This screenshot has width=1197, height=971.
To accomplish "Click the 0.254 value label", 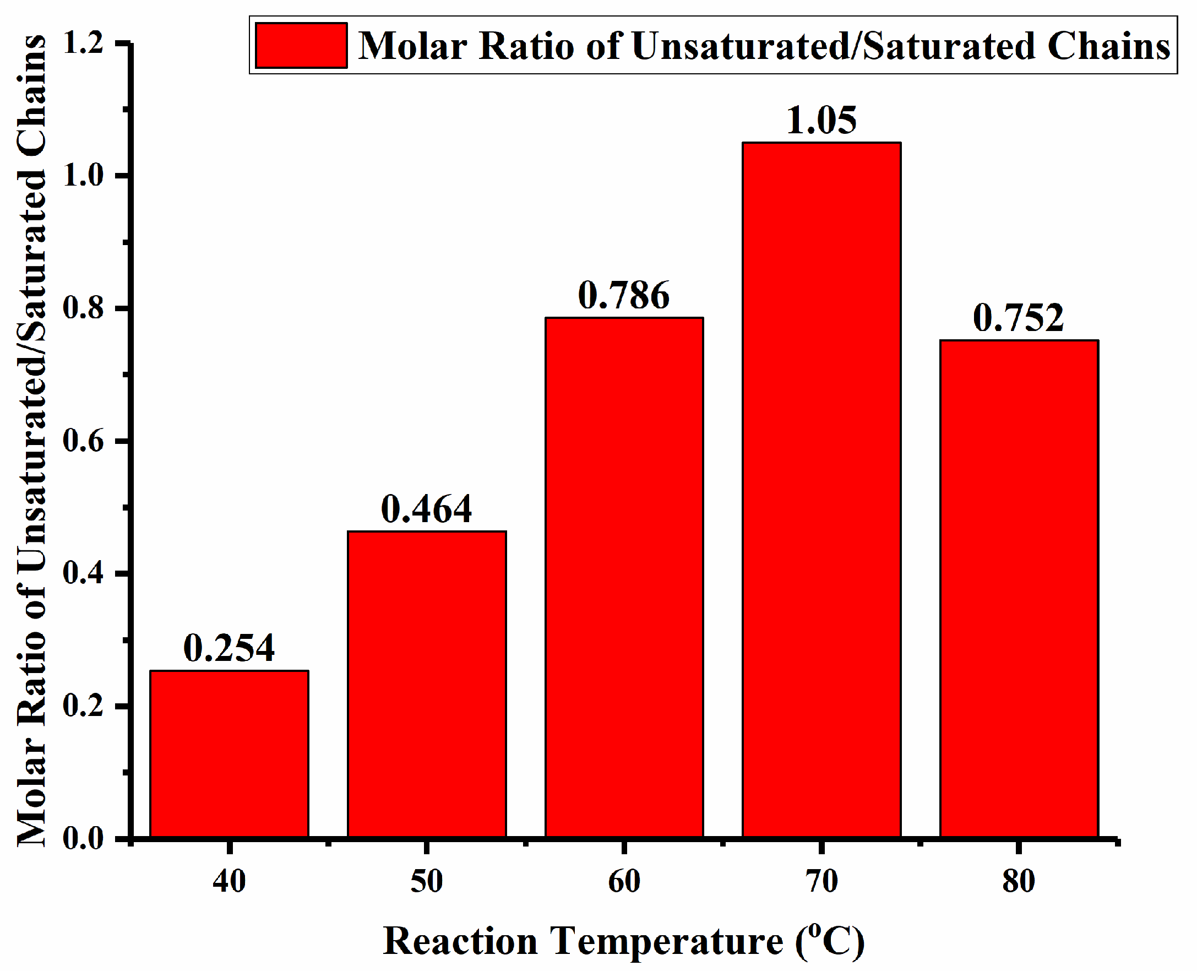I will (229, 648).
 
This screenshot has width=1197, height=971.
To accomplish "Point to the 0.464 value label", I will (427, 509).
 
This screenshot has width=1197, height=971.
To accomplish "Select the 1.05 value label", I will (821, 120).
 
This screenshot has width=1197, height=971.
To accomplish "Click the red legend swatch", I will (301, 45).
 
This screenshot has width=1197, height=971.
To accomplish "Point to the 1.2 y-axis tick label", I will (84, 43).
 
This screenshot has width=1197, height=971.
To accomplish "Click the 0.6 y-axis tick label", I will (84, 441).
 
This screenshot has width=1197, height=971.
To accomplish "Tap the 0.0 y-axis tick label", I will (84, 839).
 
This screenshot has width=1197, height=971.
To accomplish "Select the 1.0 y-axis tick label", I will (84, 176).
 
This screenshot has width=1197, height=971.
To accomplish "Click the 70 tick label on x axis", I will (821, 882).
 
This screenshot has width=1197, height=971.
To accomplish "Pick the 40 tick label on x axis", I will (229, 882).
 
